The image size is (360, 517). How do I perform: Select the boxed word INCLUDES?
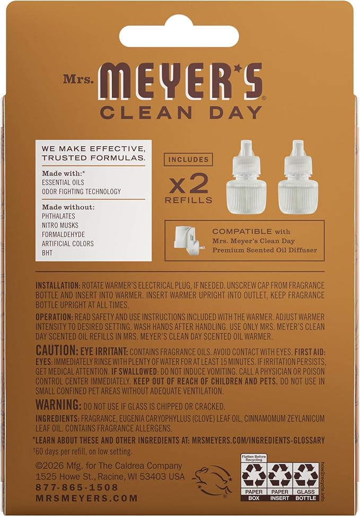[x=188, y=160]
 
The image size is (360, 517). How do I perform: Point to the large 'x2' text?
[x=189, y=183]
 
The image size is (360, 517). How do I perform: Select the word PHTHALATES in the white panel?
[x=58, y=216]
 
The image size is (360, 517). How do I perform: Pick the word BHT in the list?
[x=47, y=253]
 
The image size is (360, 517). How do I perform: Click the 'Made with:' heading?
[x=62, y=173]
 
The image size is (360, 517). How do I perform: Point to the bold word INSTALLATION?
[x=58, y=285]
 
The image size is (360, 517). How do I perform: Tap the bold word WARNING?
[x=58, y=405]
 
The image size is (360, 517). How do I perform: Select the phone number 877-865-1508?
[x=77, y=487]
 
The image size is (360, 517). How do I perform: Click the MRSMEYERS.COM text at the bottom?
[x=86, y=498]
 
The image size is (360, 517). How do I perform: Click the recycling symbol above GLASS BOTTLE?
[x=306, y=476]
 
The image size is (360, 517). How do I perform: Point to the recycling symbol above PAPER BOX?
[x=253, y=476]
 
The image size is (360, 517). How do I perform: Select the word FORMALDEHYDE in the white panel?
[x=63, y=235]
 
